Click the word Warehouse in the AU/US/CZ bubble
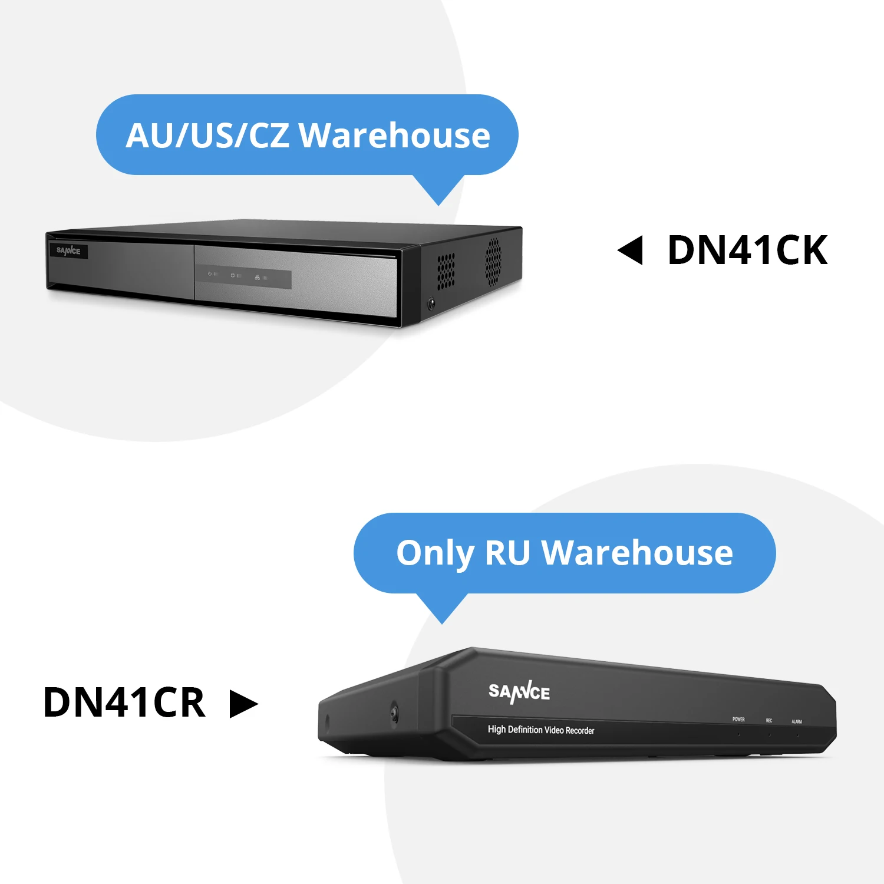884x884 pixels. point(395,136)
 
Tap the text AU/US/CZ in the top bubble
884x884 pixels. point(207,136)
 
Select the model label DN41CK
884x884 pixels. point(747,251)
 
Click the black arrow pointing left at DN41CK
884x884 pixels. point(630,250)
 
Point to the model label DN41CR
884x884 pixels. point(124,702)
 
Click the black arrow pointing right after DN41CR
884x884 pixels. point(243,704)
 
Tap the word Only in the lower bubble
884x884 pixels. point(435,554)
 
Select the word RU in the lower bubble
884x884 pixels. point(507,553)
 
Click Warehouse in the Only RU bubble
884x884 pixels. point(637,553)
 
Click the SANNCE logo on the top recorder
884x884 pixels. point(68,251)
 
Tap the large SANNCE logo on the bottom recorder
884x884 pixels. point(519,692)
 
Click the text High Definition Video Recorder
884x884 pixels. point(541,730)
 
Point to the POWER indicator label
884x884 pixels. point(738,720)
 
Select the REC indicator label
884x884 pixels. point(769,721)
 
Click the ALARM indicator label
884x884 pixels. point(797,722)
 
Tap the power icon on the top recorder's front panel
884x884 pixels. point(209,274)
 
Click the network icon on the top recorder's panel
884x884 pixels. point(257,278)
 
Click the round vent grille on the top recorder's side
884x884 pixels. point(493,259)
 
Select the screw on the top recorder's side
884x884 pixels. point(431,303)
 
